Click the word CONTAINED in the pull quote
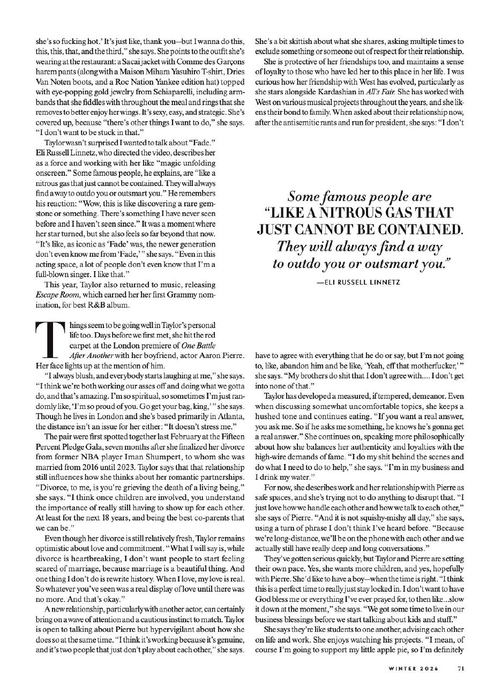point(415,229)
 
